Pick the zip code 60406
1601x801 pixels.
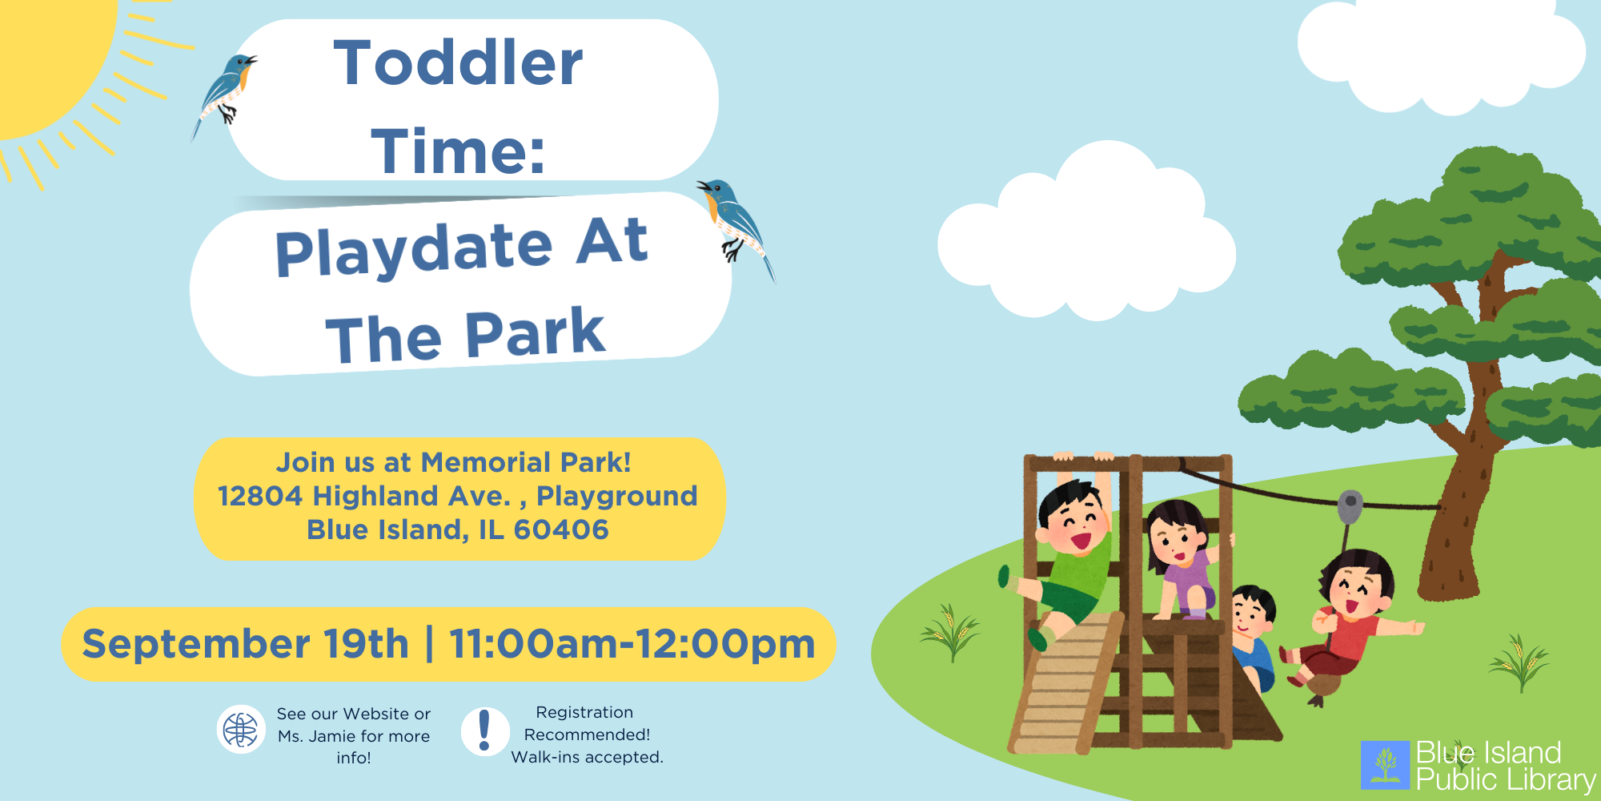click(561, 529)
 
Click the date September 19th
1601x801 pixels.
click(245, 643)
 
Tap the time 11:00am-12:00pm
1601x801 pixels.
click(632, 643)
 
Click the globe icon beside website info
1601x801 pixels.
click(241, 729)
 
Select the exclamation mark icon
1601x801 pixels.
click(485, 731)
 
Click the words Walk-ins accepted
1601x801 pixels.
click(588, 757)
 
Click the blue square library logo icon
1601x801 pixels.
click(1386, 765)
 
